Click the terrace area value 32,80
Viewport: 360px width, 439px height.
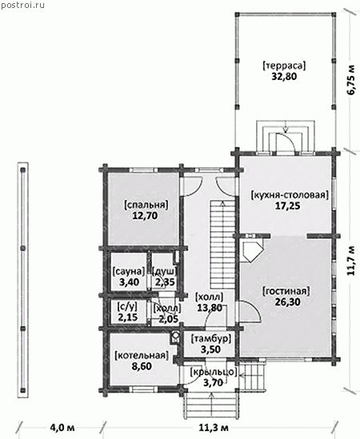tap(284, 77)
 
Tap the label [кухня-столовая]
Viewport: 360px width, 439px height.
tap(290, 194)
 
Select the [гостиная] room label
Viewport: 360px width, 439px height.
tap(286, 291)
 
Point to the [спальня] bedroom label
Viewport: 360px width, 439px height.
tap(146, 206)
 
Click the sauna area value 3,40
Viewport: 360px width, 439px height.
tap(129, 282)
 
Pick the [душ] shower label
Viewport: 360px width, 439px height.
tap(165, 271)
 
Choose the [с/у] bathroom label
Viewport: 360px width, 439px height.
tap(127, 307)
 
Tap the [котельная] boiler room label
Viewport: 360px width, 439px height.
tap(142, 356)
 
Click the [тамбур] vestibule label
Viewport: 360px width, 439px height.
tap(211, 339)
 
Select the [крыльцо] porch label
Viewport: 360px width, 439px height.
tap(214, 372)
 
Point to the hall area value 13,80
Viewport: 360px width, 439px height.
tap(210, 308)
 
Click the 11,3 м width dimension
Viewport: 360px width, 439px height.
tap(214, 428)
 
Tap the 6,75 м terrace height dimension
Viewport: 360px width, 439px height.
tap(351, 80)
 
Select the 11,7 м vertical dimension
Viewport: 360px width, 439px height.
tap(350, 261)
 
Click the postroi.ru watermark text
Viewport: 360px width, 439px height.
tap(22, 5)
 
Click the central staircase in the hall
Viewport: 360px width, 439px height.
tap(222, 244)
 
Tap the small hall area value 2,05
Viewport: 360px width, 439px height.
tap(169, 318)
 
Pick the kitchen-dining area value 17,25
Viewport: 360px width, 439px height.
tap(287, 206)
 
